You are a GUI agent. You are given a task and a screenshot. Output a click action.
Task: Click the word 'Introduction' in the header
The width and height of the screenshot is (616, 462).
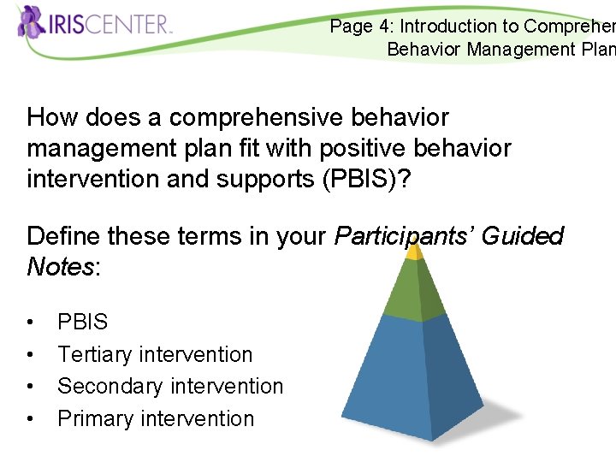[446, 27]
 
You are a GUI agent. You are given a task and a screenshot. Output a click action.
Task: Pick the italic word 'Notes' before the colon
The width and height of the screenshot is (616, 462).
[60, 267]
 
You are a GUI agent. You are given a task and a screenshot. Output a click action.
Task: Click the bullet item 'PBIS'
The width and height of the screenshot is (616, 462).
[82, 323]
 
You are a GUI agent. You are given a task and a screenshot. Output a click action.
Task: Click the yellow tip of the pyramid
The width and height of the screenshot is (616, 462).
[414, 252]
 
